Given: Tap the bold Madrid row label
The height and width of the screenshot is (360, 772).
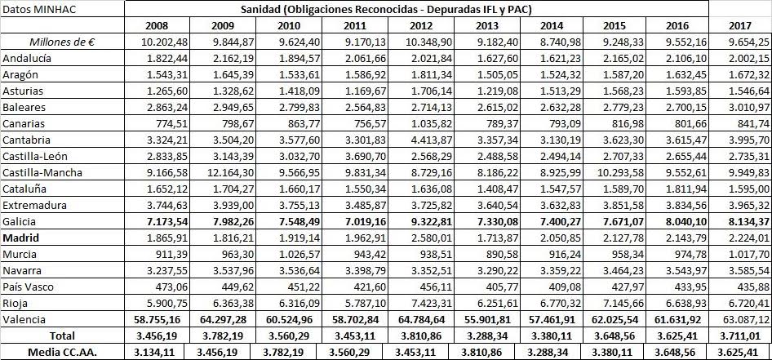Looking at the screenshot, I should click(x=22, y=237).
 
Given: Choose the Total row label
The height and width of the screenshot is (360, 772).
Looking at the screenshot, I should click(x=62, y=335).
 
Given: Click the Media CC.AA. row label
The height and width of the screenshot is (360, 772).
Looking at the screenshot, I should click(x=62, y=351).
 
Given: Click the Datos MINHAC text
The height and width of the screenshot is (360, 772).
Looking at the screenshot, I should click(x=38, y=9).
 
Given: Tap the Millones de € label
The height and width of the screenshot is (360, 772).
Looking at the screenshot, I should click(x=62, y=42).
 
